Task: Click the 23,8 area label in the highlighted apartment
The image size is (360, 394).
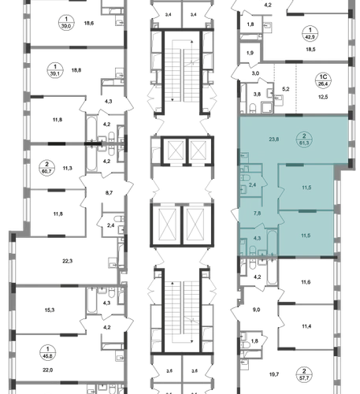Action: pyautogui.click(x=274, y=139)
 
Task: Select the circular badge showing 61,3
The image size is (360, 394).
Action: pyautogui.click(x=304, y=139)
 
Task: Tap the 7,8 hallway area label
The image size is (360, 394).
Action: pyautogui.click(x=257, y=214)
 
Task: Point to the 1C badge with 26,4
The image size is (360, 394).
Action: pyautogui.click(x=323, y=80)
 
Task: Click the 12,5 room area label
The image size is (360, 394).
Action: pyautogui.click(x=323, y=97)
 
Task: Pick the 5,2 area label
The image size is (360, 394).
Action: pyautogui.click(x=285, y=89)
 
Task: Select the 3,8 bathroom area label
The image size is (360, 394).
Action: pyautogui.click(x=258, y=95)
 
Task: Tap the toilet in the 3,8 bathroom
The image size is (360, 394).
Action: pyautogui.click(x=253, y=108)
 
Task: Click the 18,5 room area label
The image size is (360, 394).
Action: pyautogui.click(x=310, y=50)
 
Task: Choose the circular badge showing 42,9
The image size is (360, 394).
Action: pyautogui.click(x=310, y=33)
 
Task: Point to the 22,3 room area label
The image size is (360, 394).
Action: pyautogui.click(x=67, y=261)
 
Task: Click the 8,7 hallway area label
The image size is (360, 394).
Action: pyautogui.click(x=109, y=193)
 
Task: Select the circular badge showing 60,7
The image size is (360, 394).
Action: pyautogui.click(x=47, y=168)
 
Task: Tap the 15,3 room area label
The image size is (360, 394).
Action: pyautogui.click(x=50, y=310)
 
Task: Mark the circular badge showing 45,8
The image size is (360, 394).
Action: pyautogui.click(x=47, y=353)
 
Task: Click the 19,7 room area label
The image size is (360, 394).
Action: pyautogui.click(x=274, y=374)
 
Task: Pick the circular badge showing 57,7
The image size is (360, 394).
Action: pyautogui.click(x=304, y=375)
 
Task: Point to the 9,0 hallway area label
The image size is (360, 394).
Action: pyautogui.click(x=256, y=310)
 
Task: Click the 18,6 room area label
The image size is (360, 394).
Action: pyautogui.click(x=89, y=23)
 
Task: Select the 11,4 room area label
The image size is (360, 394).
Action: pyautogui.click(x=306, y=326)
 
